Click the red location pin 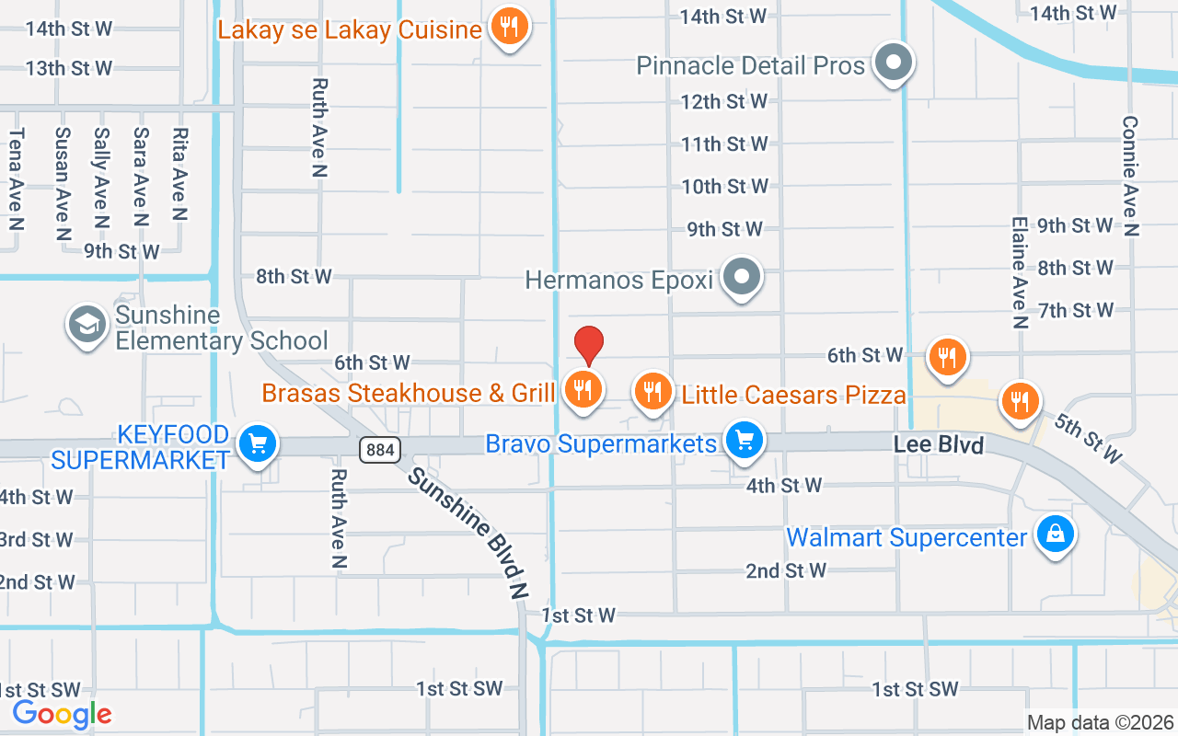tap(589, 346)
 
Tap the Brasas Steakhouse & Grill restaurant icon tap(582, 389)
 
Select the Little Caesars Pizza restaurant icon tap(653, 391)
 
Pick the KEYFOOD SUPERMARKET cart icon tap(257, 444)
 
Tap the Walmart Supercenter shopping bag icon tap(1055, 534)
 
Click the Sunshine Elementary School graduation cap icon tap(87, 324)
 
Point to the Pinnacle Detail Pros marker tap(892, 63)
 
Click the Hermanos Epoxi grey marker tap(741, 276)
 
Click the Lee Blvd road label tap(939, 445)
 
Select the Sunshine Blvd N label tap(468, 535)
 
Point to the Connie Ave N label tap(1131, 176)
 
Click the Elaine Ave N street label tap(1019, 272)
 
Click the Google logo tap(62, 714)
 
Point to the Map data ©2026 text tap(1101, 722)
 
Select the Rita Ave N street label tap(179, 175)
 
